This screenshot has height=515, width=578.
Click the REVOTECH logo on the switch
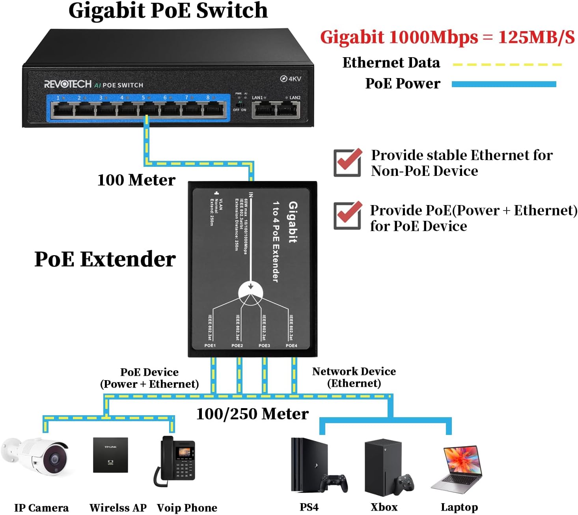(x=67, y=84)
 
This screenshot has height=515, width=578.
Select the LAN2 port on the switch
(x=288, y=109)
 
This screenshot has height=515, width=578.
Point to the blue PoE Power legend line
(x=503, y=84)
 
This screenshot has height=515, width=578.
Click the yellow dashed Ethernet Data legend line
(x=507, y=64)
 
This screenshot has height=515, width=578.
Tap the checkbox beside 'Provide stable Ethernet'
(x=347, y=162)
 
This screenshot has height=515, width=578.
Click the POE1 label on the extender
(x=210, y=345)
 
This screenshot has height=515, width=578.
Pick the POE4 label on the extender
(x=291, y=345)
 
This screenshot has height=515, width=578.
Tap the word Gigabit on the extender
(x=293, y=222)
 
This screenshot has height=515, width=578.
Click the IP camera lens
(x=54, y=459)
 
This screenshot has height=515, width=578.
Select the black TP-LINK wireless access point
(x=110, y=455)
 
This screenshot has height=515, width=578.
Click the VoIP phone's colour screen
(x=184, y=452)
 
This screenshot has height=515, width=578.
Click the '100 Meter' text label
(x=136, y=180)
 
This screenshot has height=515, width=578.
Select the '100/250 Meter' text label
(x=252, y=414)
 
